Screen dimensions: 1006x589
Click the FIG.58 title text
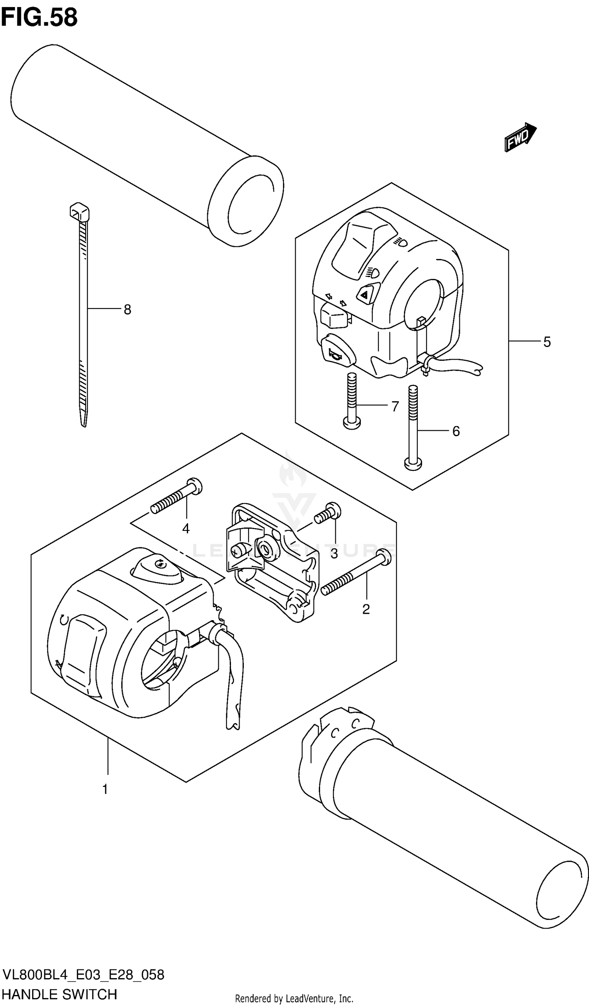39,18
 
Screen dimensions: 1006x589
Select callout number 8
127,309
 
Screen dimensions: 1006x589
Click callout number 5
547,342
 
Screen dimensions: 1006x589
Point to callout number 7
395,406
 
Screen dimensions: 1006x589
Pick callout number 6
456,431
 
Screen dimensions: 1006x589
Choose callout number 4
186,529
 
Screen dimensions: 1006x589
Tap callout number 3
334,553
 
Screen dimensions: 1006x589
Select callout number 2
366,609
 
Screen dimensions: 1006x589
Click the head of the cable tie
79,212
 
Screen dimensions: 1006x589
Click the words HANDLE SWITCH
60,994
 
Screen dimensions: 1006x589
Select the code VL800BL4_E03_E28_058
83,975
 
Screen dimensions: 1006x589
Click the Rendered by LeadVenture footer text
294,999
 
